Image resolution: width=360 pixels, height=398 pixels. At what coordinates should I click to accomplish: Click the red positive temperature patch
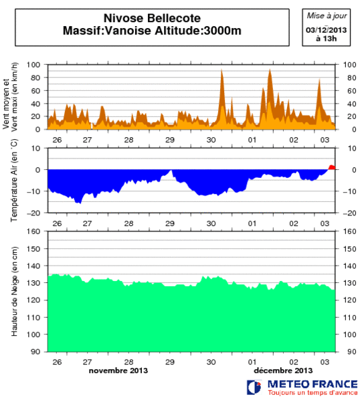332,167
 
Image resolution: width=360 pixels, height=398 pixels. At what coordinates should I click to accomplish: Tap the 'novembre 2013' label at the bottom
118,370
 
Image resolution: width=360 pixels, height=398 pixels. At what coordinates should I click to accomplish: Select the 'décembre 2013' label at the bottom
283,370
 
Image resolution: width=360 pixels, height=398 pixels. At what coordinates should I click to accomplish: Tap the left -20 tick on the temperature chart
35,213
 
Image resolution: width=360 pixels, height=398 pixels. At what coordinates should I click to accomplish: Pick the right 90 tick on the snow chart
349,351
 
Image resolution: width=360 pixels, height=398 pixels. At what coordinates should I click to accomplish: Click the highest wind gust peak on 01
270,70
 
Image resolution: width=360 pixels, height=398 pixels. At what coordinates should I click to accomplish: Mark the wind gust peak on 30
221,70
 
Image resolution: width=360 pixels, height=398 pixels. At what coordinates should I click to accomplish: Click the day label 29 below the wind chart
171,140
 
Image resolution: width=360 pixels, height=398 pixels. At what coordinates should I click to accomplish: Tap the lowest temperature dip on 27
79,202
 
